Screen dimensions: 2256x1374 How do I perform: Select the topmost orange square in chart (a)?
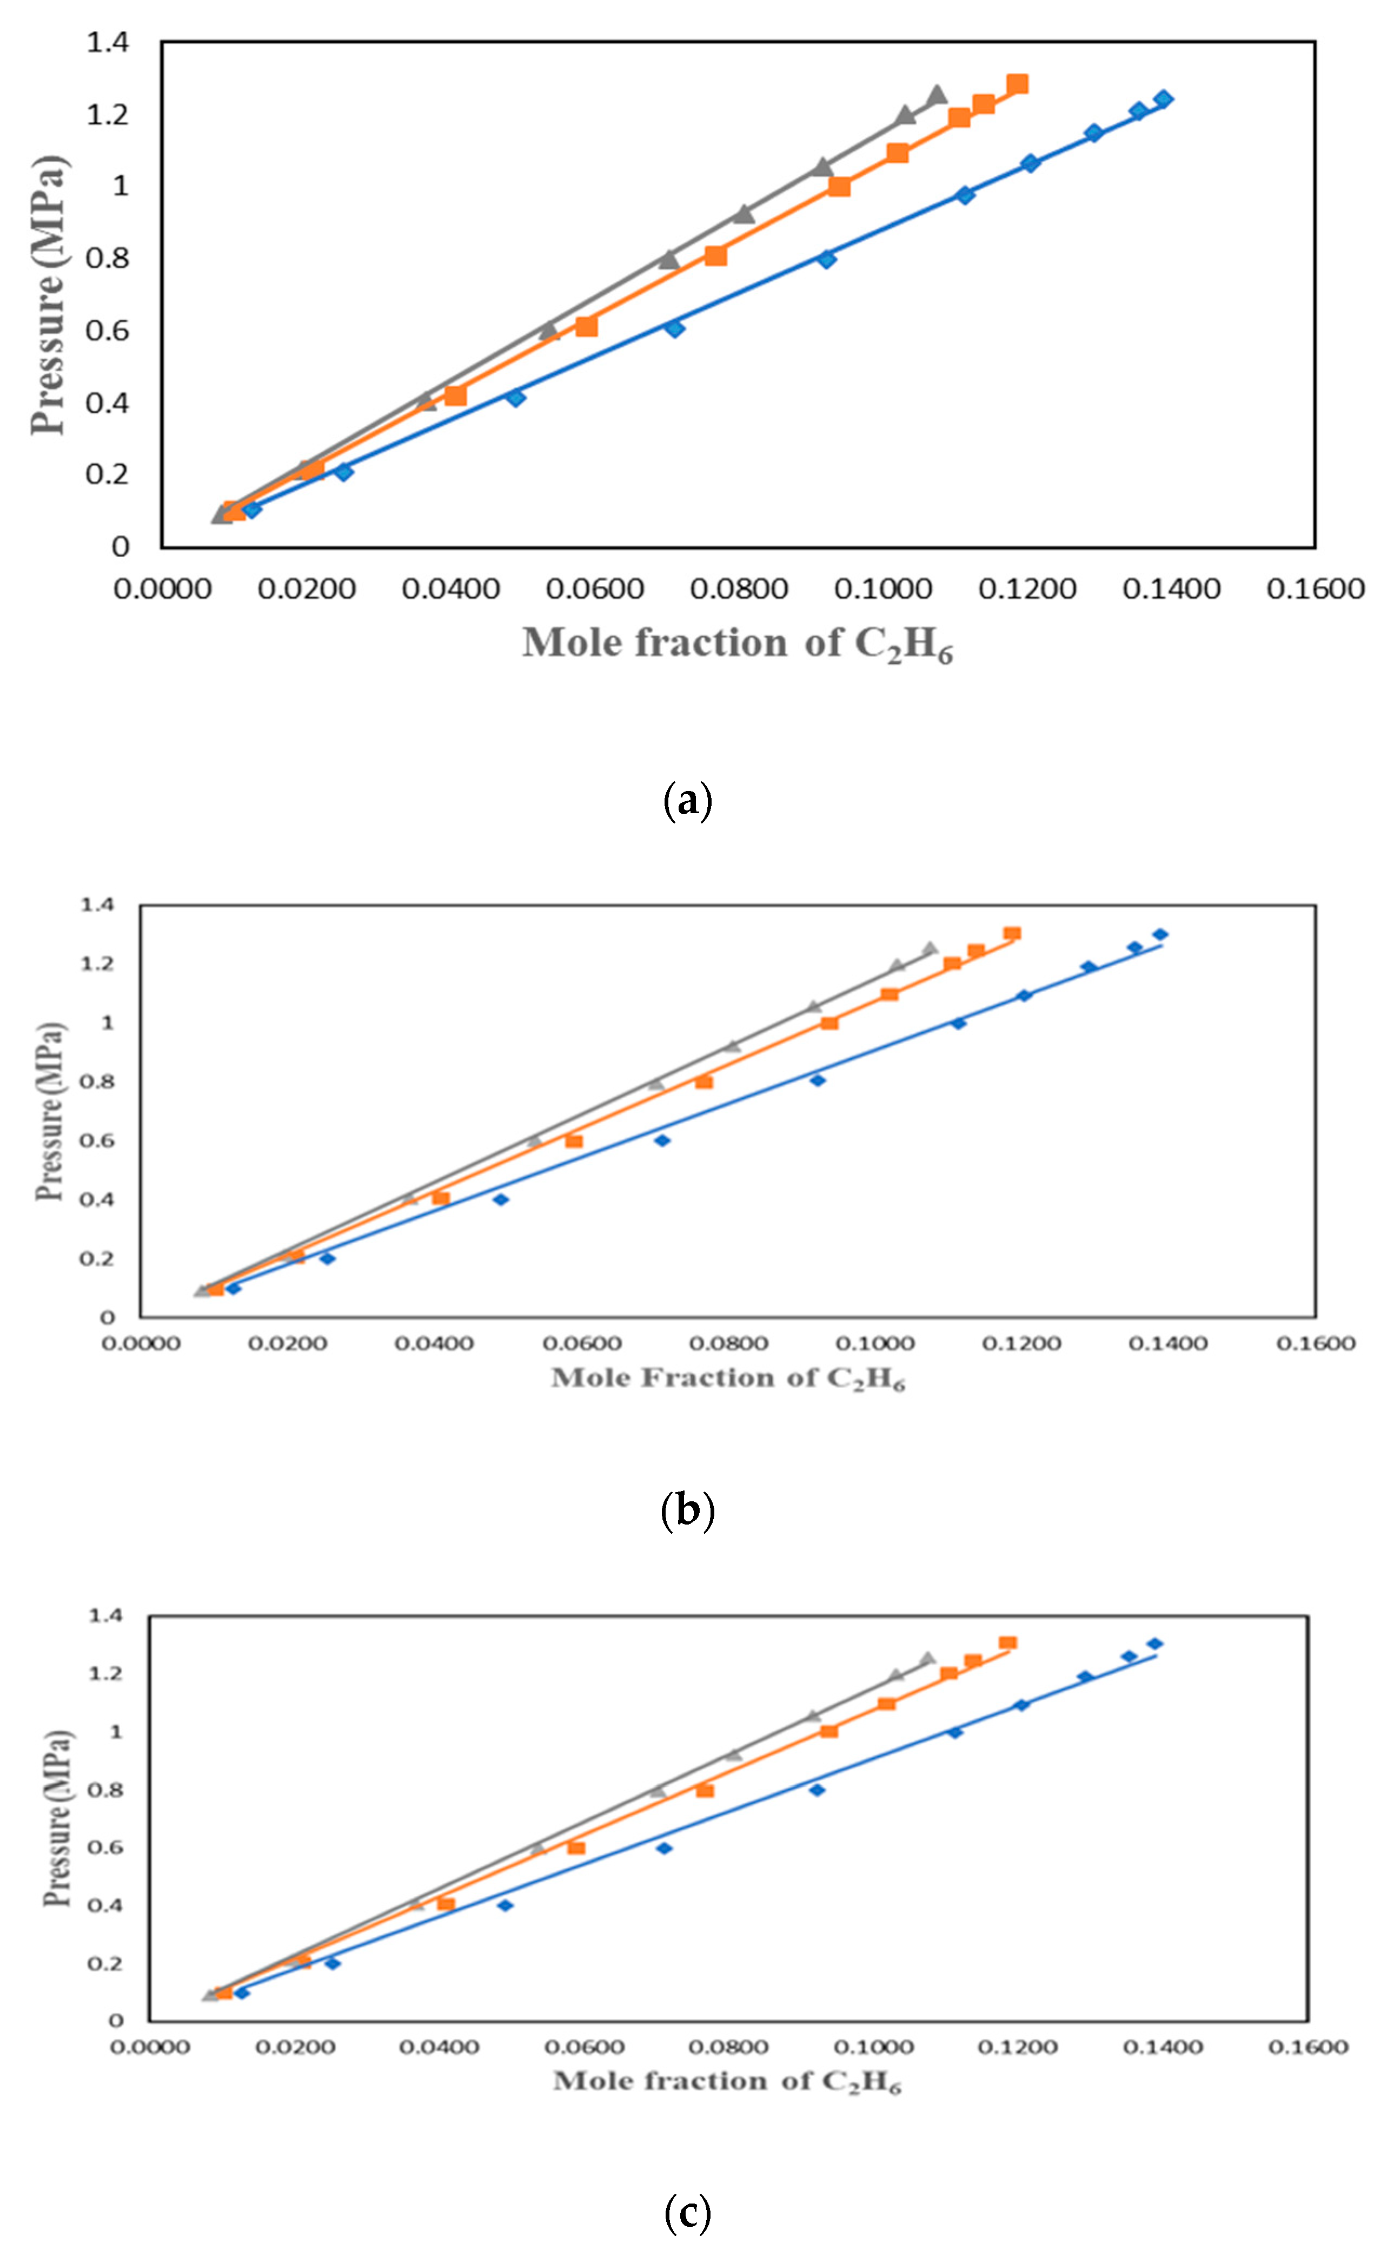click(1017, 84)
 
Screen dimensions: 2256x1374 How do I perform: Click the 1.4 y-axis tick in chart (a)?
click(108, 42)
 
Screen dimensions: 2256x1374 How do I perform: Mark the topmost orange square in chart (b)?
click(1012, 934)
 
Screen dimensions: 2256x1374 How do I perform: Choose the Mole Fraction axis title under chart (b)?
click(728, 1378)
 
